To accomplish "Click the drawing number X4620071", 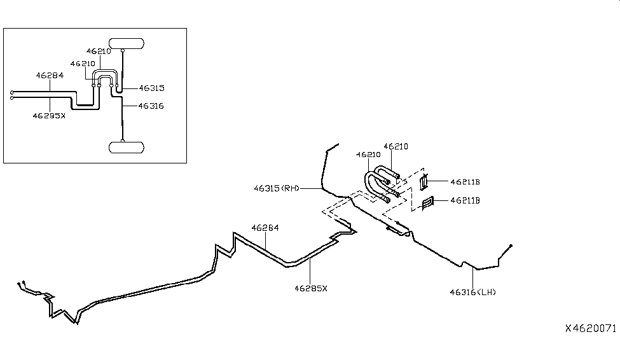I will (591, 328).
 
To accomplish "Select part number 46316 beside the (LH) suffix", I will (462, 292).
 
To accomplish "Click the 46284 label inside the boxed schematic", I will (50, 75).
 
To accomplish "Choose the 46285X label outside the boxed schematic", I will (311, 288).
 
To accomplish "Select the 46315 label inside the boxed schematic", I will (151, 88).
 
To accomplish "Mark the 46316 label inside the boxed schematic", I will (151, 106).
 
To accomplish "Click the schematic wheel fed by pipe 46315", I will (127, 44).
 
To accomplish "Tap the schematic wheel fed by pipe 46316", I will (127, 147).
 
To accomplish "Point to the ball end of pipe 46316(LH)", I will (511, 246).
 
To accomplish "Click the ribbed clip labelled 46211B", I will (428, 202).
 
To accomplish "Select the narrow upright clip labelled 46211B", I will (424, 183).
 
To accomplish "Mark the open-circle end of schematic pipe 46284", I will (12, 92).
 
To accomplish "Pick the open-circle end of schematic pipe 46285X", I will (12, 97).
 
